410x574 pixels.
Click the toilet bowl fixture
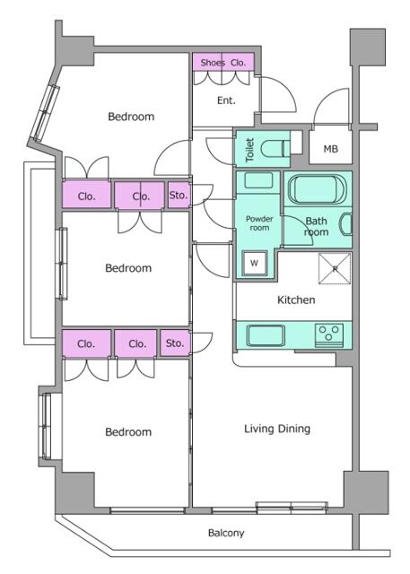276,148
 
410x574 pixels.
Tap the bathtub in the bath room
317,189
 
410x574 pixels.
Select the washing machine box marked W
255,263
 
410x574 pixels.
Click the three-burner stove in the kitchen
329,335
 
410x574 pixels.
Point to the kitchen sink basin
266,335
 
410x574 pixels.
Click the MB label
330,149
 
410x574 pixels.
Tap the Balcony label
226,533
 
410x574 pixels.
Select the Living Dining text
277,429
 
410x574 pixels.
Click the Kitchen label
296,300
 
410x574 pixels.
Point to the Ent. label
226,100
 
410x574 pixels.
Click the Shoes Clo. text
222,63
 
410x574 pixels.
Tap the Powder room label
259,223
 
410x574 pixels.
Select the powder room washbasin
258,180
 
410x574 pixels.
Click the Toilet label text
249,150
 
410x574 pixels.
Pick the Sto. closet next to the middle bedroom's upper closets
179,196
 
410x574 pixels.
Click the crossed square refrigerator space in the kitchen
335,269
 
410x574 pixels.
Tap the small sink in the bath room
346,223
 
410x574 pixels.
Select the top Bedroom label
131,117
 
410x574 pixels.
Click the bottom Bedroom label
128,432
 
